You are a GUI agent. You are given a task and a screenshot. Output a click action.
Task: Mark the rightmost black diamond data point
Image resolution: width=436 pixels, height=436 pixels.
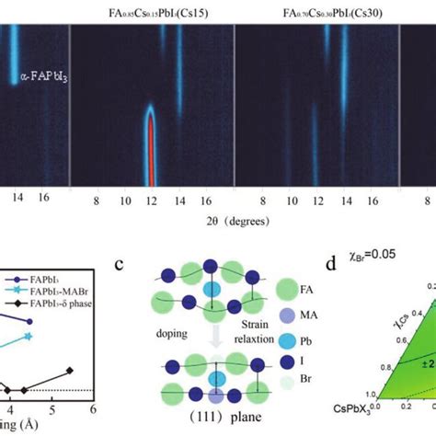coord(70,371)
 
